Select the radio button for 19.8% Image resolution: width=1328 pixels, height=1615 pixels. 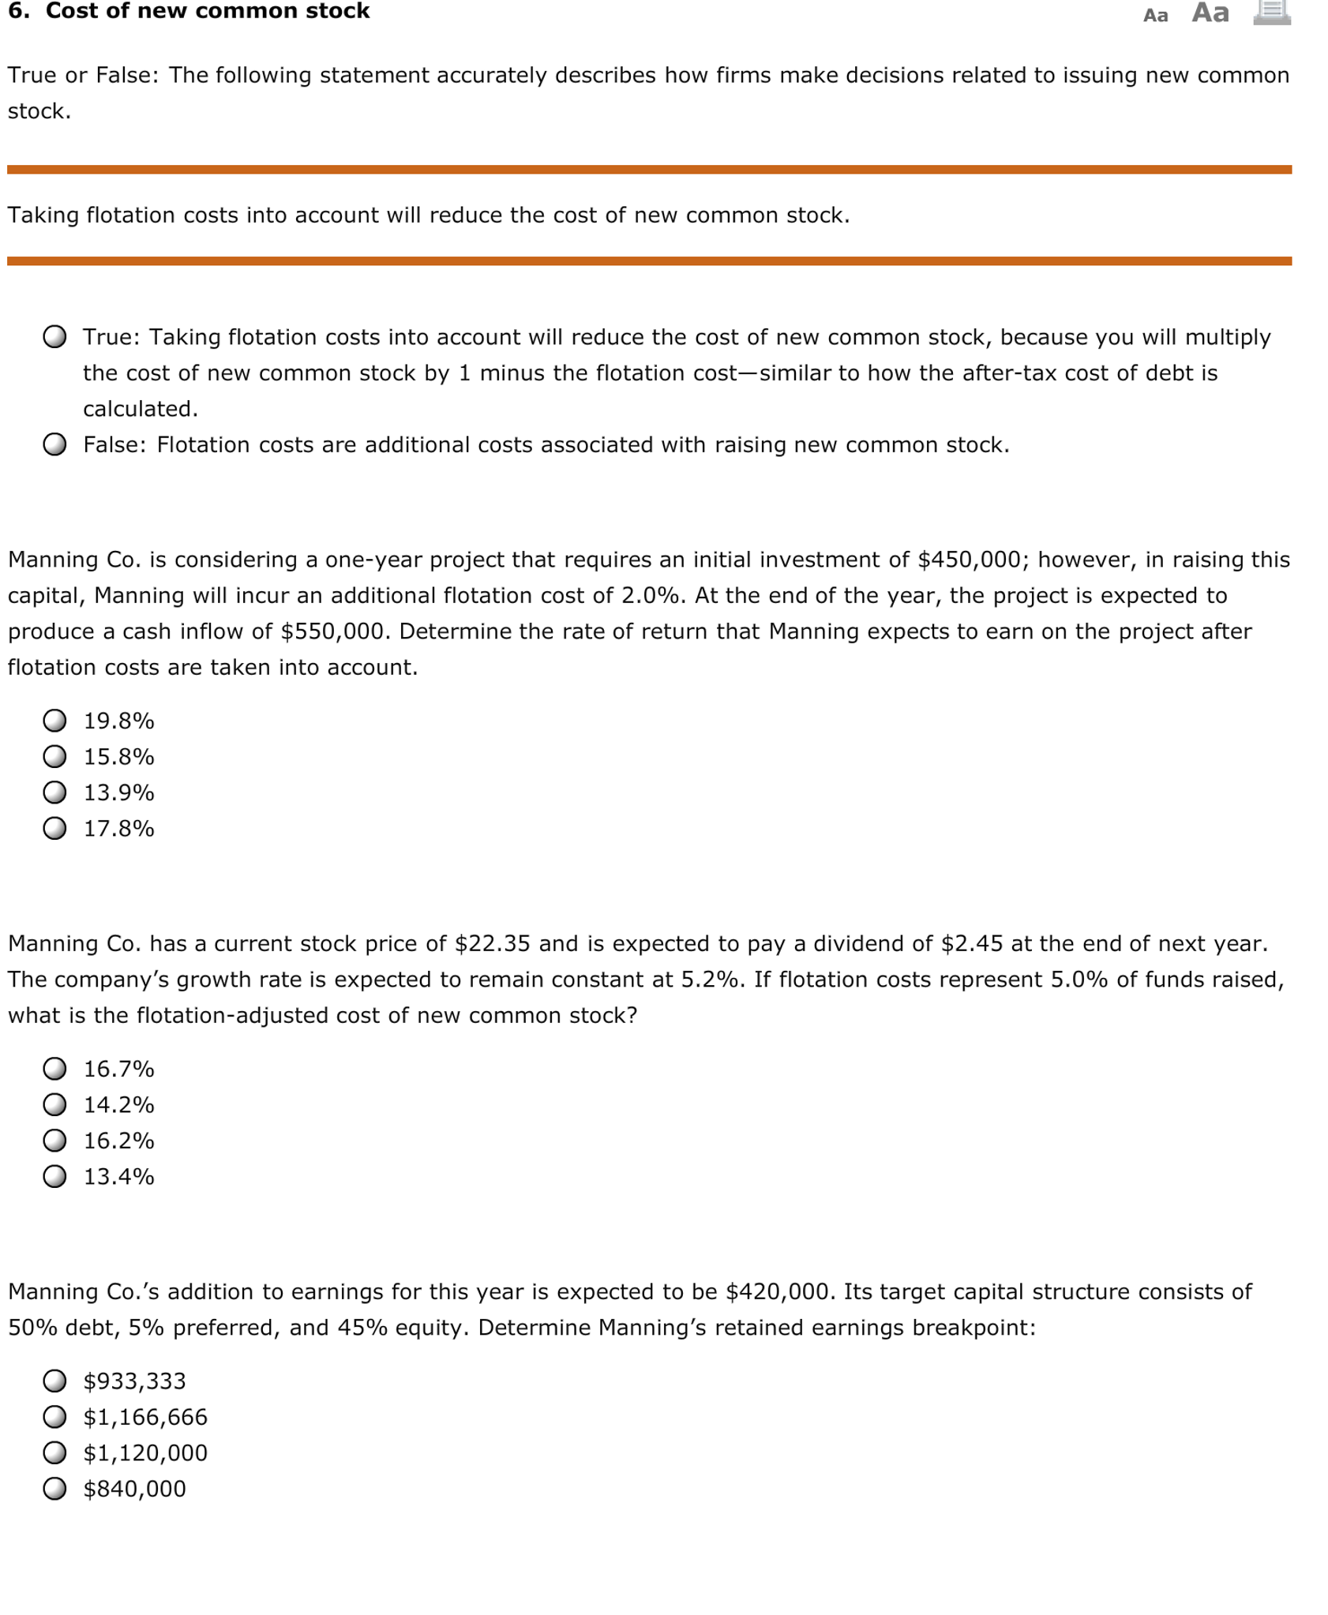point(54,720)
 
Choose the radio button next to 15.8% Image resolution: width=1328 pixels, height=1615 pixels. point(54,756)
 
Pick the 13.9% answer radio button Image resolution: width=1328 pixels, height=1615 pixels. point(54,792)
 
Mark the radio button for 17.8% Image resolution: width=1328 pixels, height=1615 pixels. point(54,828)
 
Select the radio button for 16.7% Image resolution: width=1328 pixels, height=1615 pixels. point(54,1068)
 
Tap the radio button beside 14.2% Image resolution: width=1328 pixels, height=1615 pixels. point(54,1104)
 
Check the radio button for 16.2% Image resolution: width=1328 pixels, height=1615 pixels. point(54,1140)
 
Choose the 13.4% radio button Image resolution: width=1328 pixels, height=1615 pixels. point(54,1176)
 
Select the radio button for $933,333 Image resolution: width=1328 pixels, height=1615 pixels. point(54,1381)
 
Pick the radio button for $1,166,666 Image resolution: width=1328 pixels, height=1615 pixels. point(54,1417)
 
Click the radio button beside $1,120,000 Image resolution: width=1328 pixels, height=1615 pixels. point(54,1452)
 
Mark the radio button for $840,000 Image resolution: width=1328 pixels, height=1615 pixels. point(54,1489)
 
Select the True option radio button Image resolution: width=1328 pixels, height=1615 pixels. point(54,337)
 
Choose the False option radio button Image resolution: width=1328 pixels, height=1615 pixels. point(54,444)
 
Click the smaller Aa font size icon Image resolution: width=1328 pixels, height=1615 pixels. point(1155,16)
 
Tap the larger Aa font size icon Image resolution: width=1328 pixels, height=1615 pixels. point(1210,13)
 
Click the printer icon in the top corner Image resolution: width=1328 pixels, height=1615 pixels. point(1271,12)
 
